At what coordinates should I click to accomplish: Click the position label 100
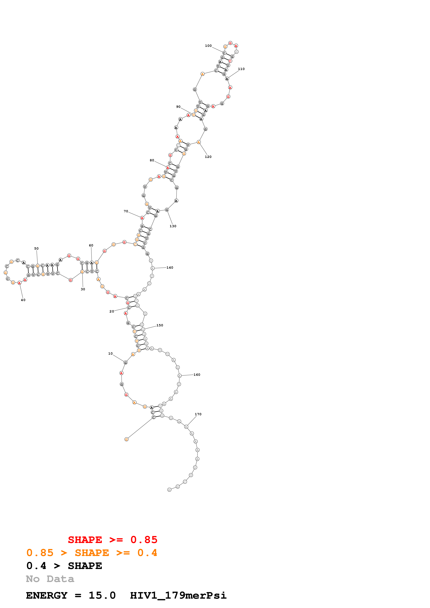(208, 46)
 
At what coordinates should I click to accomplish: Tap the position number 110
(241, 69)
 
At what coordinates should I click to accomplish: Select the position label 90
(178, 107)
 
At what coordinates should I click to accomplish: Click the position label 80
(152, 160)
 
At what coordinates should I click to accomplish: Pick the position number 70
(126, 211)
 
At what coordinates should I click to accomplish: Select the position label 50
(36, 248)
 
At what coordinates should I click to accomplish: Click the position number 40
(23, 300)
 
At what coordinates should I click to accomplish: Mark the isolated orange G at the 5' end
(126, 439)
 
